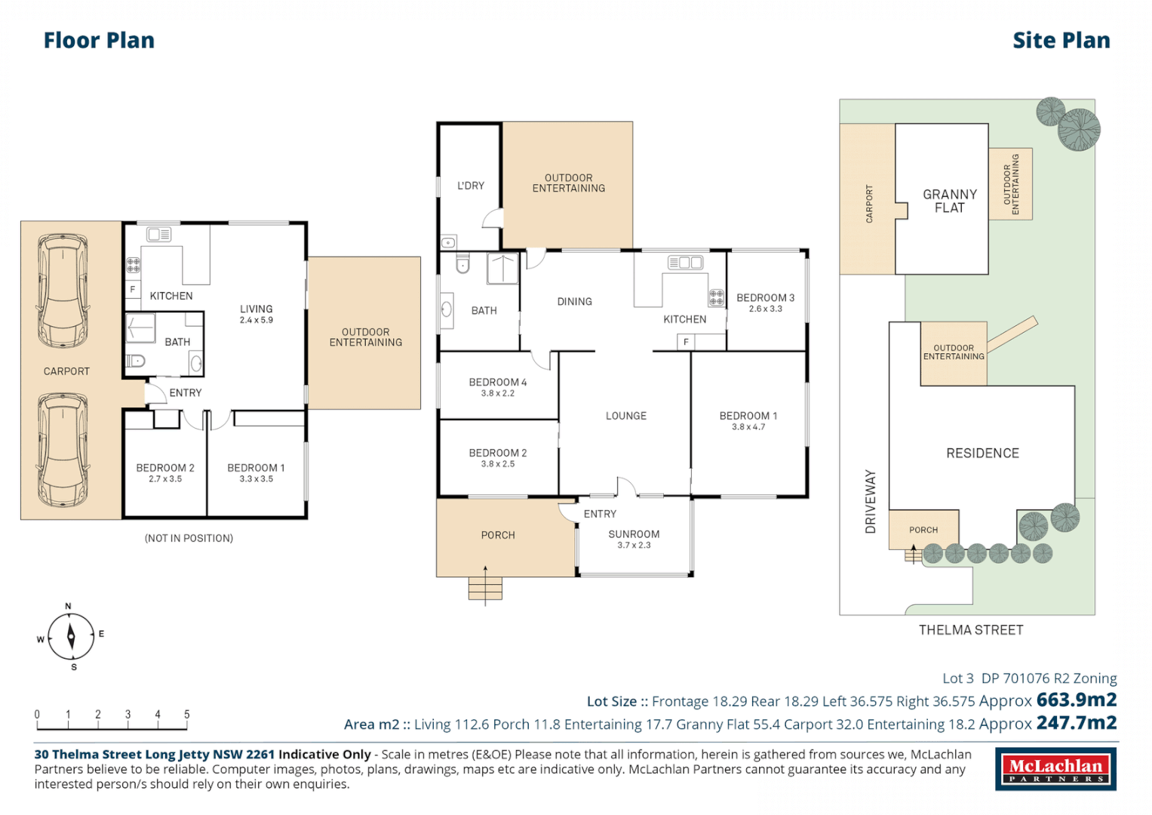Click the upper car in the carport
pyautogui.click(x=63, y=291)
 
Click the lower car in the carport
pyautogui.click(x=63, y=451)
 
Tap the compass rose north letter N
pyautogui.click(x=68, y=606)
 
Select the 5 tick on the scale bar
pyautogui.click(x=186, y=715)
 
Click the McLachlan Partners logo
pyautogui.click(x=1055, y=770)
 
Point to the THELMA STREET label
pyautogui.click(x=970, y=630)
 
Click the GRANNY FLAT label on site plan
pyautogui.click(x=949, y=201)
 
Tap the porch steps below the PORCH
pyautogui.click(x=485, y=588)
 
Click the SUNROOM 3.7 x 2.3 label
pyautogui.click(x=634, y=539)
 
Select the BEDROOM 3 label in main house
pyautogui.click(x=765, y=299)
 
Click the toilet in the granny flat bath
pyautogui.click(x=135, y=361)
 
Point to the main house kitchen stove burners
pyautogui.click(x=716, y=297)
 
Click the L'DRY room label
pyautogui.click(x=471, y=186)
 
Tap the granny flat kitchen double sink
pyautogui.click(x=159, y=235)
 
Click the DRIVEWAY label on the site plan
pyautogui.click(x=871, y=502)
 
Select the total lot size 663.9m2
pyautogui.click(x=1076, y=700)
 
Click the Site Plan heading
pyautogui.click(x=1061, y=41)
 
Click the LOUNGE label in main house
pyautogui.click(x=625, y=416)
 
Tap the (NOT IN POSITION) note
pyautogui.click(x=189, y=538)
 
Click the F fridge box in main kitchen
pyautogui.click(x=686, y=343)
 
